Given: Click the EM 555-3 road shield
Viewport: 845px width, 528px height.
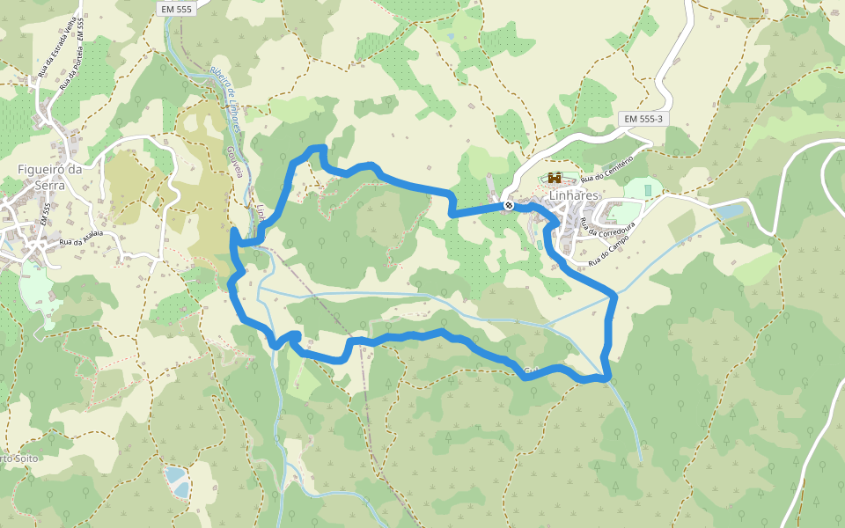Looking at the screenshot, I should pyautogui.click(x=644, y=118).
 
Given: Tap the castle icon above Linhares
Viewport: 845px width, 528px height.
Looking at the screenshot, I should pyautogui.click(x=555, y=179).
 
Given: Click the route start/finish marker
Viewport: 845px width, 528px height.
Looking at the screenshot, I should pyautogui.click(x=509, y=206).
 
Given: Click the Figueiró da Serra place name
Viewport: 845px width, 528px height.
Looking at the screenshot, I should pyautogui.click(x=50, y=177).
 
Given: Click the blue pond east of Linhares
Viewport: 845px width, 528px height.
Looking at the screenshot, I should pyautogui.click(x=729, y=211).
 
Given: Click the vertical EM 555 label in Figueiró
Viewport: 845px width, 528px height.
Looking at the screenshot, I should pyautogui.click(x=45, y=215).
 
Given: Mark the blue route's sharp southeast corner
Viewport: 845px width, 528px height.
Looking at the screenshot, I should pyautogui.click(x=606, y=378).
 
